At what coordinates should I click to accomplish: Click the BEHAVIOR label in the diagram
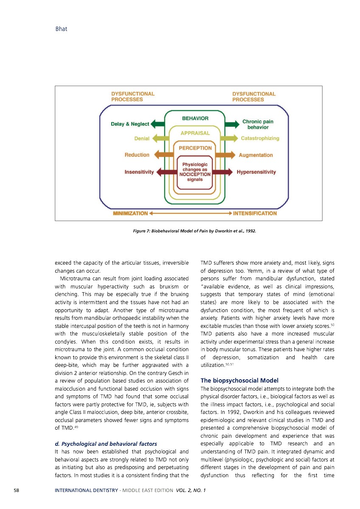point(195,118)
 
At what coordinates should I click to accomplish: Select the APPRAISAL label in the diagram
point(195,133)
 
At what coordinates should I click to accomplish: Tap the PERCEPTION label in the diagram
point(195,148)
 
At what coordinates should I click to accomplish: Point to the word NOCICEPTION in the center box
point(195,174)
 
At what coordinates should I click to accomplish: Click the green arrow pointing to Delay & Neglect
point(157,124)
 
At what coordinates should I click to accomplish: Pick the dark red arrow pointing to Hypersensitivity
point(222,172)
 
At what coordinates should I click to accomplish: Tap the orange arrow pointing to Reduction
point(164,155)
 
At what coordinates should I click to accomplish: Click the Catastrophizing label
point(260,138)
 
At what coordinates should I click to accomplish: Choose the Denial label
point(141,138)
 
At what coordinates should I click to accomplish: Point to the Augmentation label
point(256,155)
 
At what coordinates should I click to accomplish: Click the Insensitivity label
point(139,172)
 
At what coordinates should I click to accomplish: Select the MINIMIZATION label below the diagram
point(130,213)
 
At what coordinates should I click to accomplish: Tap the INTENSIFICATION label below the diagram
point(255,213)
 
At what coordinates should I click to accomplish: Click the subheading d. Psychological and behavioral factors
point(100,444)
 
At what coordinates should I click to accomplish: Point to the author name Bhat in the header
point(62,29)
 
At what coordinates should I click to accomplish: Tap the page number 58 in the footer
point(16,490)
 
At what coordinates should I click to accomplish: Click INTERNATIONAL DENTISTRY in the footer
point(86,490)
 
